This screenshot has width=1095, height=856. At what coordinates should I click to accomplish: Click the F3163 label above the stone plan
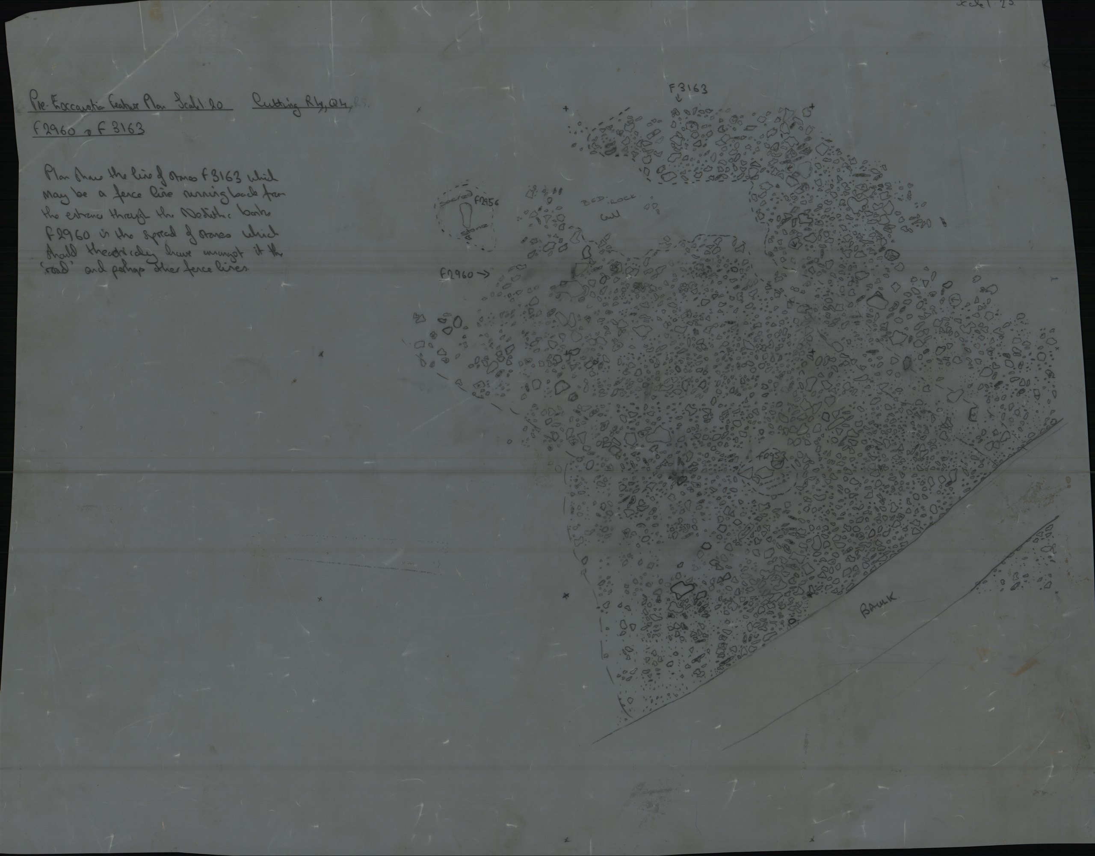pyautogui.click(x=688, y=89)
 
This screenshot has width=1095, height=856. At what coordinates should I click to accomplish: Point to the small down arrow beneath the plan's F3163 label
pyautogui.click(x=678, y=99)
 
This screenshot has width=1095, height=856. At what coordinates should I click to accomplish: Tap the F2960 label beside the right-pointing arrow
pyautogui.click(x=456, y=274)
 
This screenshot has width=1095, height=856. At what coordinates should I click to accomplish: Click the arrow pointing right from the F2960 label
pyautogui.click(x=483, y=273)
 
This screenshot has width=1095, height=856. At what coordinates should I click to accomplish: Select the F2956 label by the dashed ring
pyautogui.click(x=486, y=202)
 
